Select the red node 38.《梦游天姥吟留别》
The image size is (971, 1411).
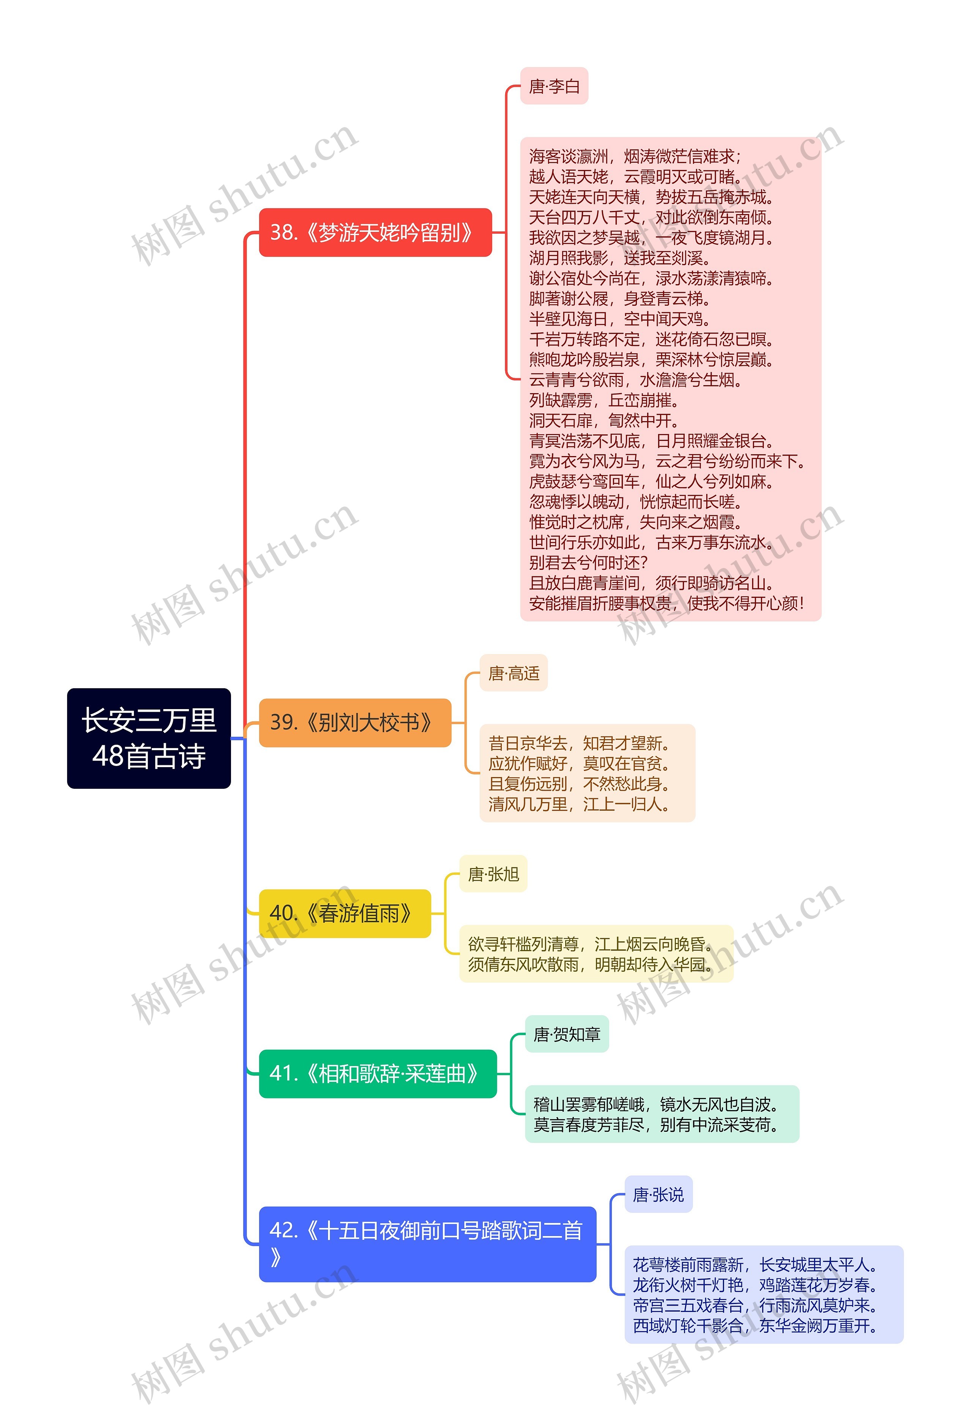(375, 233)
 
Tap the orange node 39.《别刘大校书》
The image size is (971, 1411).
(355, 722)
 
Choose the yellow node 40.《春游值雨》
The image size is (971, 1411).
(344, 913)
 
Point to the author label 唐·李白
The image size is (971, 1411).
(554, 87)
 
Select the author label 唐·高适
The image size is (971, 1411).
(514, 673)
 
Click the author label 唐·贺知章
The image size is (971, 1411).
(566, 1034)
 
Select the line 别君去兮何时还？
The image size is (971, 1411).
(588, 562)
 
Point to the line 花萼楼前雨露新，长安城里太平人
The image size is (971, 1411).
(756, 1265)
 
